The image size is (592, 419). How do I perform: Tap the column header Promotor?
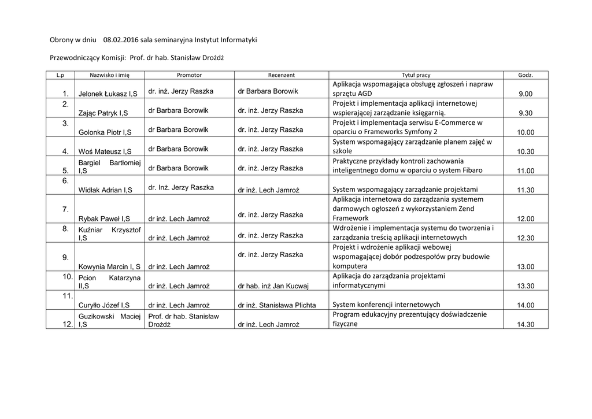point(189,75)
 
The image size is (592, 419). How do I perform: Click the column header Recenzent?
point(282,75)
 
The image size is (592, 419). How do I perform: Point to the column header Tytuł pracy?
point(416,75)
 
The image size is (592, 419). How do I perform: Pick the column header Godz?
point(526,75)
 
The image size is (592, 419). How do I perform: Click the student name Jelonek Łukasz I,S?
point(108,94)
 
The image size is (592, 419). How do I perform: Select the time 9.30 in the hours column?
point(526,113)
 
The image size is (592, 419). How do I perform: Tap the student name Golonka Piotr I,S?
point(105,132)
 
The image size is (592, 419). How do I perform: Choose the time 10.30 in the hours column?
point(526,151)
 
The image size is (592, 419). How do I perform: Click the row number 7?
point(66,209)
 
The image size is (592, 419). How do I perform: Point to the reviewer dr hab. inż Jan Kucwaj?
point(273,286)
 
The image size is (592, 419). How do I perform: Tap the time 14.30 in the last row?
point(526,325)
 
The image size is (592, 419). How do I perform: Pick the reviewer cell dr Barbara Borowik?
point(268,91)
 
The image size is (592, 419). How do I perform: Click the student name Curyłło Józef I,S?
point(104,305)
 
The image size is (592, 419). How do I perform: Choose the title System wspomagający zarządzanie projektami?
point(405,189)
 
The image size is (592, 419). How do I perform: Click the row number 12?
point(68,325)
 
